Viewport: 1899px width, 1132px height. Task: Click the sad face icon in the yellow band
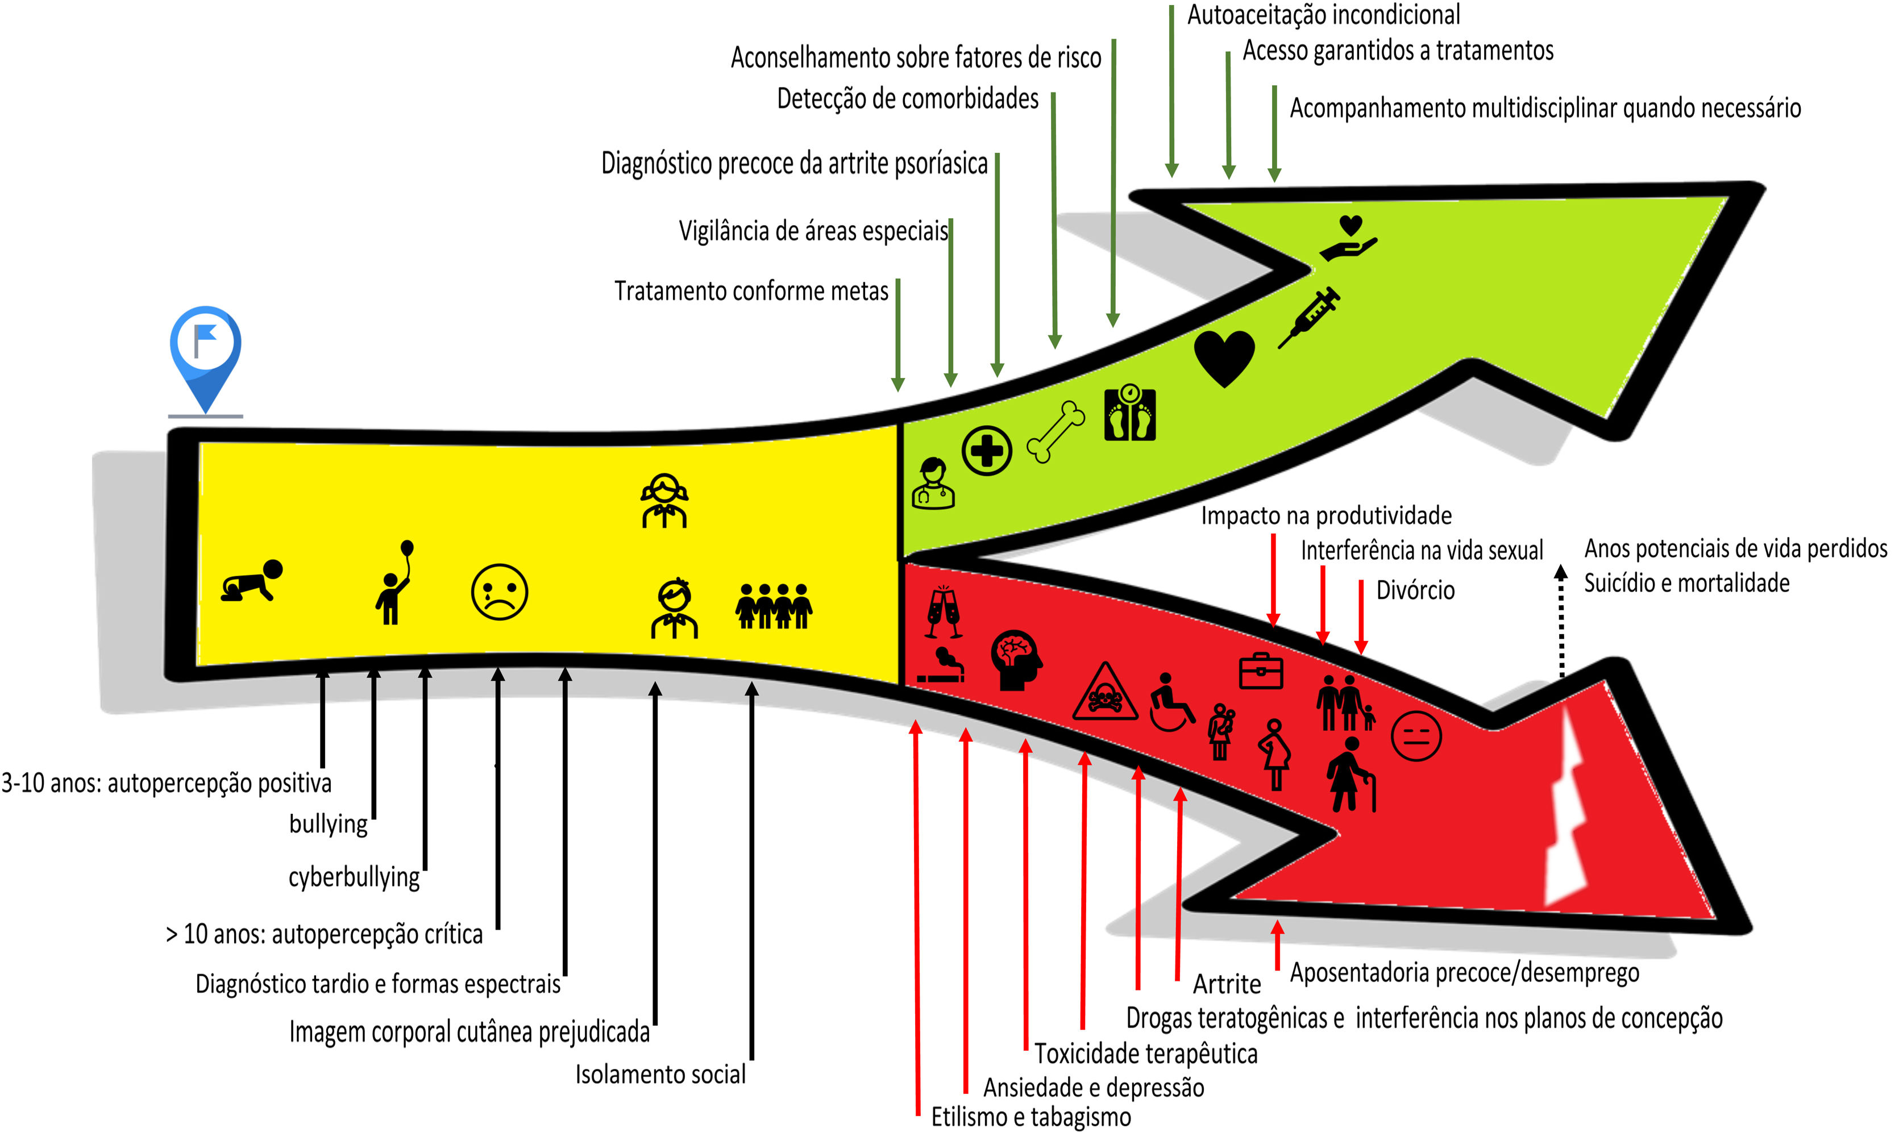click(500, 592)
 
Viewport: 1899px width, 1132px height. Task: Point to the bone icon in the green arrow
click(1056, 432)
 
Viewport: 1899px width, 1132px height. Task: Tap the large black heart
click(1224, 357)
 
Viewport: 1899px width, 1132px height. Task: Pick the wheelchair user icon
click(1171, 702)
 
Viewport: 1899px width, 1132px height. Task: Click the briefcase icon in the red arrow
click(1260, 671)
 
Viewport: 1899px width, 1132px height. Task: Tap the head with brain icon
click(1016, 660)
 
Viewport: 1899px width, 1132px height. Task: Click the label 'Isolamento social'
click(660, 1074)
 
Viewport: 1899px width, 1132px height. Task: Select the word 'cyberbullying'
click(354, 877)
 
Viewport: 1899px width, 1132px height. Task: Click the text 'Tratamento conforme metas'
click(751, 292)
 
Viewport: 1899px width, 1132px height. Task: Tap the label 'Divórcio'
click(1415, 590)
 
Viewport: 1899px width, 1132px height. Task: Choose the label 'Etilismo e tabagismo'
click(1030, 1117)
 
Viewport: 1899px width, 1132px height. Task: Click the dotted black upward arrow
click(1561, 622)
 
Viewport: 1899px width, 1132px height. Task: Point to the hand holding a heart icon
click(1349, 239)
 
